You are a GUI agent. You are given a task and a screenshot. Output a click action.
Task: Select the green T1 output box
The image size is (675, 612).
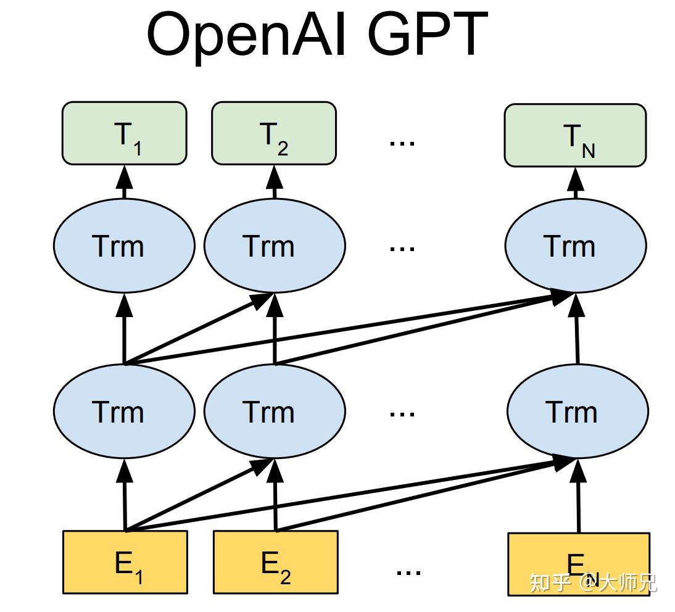pos(124,134)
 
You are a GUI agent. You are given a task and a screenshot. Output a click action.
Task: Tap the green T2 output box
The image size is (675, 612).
pos(274,134)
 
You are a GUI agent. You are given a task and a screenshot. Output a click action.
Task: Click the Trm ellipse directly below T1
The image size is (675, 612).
pos(124,246)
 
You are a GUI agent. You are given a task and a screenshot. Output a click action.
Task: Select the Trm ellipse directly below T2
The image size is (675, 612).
pos(274,246)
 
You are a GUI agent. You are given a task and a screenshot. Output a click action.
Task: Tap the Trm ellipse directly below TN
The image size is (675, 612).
pos(575,246)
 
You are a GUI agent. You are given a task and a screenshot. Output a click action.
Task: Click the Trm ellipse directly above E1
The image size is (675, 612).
pos(124,411)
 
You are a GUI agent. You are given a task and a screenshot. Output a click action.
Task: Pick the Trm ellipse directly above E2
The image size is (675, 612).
pos(274,411)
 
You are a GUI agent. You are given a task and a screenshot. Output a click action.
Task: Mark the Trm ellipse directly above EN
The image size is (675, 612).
pos(577,411)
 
